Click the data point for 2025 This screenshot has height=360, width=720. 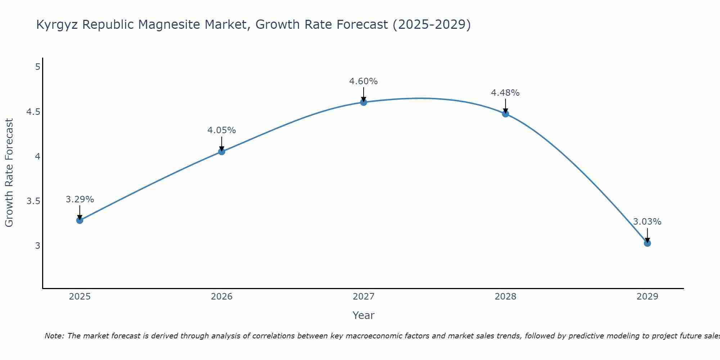click(x=80, y=220)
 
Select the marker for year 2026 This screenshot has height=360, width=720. click(x=221, y=152)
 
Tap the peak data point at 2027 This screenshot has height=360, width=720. click(x=363, y=102)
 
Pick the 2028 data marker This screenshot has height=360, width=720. click(x=505, y=114)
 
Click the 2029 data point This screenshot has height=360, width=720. click(x=647, y=243)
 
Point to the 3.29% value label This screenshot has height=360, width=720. click(x=80, y=199)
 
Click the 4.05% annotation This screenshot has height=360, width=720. click(x=221, y=130)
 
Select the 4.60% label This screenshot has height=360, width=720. click(x=363, y=81)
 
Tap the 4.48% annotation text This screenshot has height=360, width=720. click(x=505, y=93)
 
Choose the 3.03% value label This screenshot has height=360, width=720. click(x=647, y=222)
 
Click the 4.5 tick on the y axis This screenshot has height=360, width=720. click(x=33, y=112)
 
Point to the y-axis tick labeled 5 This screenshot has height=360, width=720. click(x=37, y=67)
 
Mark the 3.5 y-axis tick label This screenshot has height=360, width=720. click(x=33, y=201)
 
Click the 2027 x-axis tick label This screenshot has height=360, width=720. click(x=363, y=297)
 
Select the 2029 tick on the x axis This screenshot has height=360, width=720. click(x=647, y=297)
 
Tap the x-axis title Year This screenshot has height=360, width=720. click(x=363, y=315)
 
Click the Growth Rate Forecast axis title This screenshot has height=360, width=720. click(x=9, y=173)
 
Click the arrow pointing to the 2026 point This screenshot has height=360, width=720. click(x=221, y=143)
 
